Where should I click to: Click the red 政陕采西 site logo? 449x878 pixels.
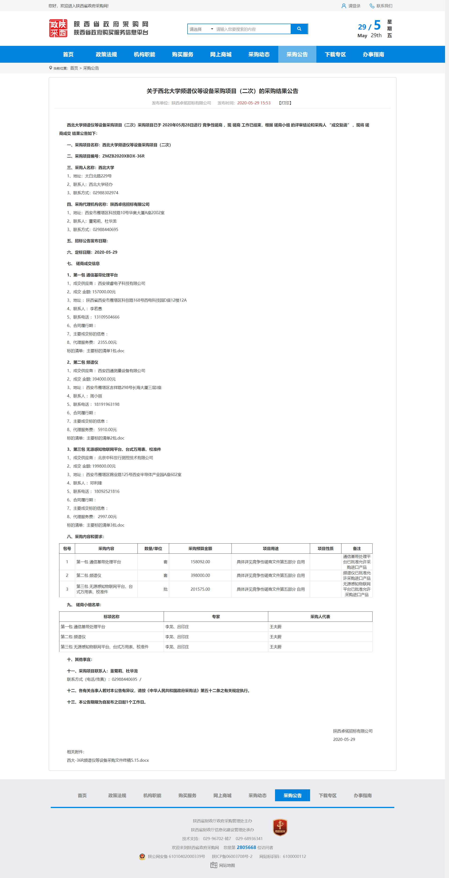[x=58, y=28]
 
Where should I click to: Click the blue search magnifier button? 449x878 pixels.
[x=299, y=29]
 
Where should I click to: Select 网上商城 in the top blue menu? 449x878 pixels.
[x=221, y=55]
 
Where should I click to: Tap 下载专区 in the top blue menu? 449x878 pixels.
[x=335, y=55]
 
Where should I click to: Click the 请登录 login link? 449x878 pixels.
[x=354, y=6]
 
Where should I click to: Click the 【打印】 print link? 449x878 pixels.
[x=285, y=103]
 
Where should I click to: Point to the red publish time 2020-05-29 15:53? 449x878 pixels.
[x=254, y=103]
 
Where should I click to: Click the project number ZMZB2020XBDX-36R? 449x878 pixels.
[x=123, y=156]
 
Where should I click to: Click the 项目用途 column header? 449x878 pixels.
[x=271, y=549]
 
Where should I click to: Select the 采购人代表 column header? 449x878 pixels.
[x=320, y=617]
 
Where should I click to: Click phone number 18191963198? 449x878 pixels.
[x=107, y=404]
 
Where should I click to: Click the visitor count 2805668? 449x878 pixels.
[x=246, y=847]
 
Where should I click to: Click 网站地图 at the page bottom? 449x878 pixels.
[x=227, y=865]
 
